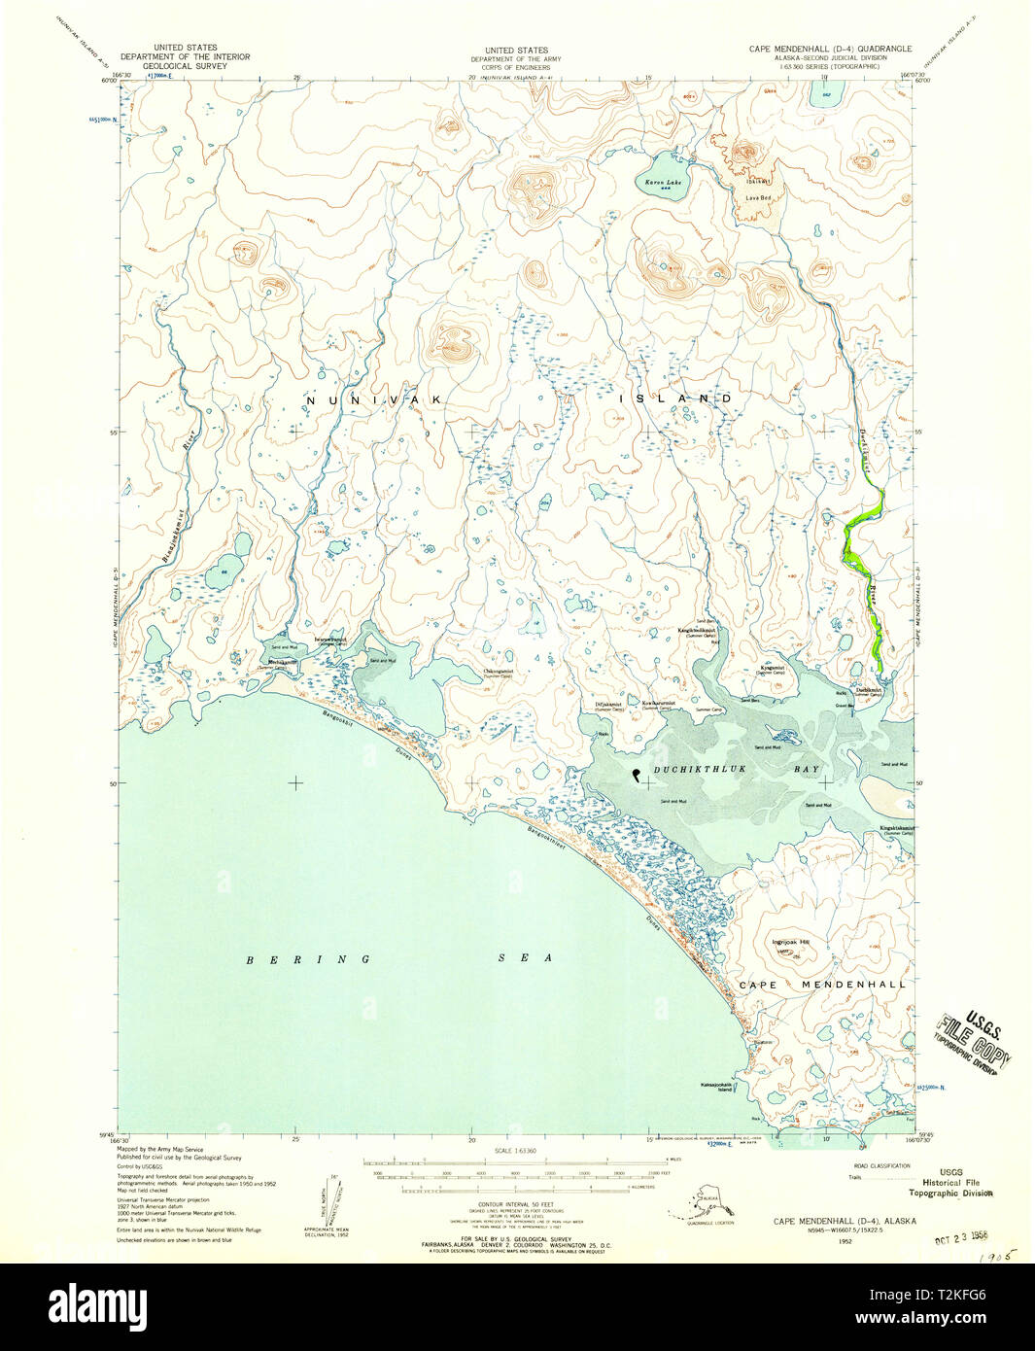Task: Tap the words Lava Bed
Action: tap(758, 197)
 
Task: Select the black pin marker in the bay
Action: tap(636, 775)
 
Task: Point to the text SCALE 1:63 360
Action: tap(515, 1150)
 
